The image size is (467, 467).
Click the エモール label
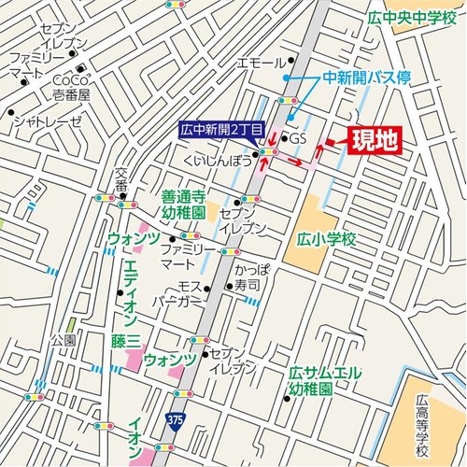click(x=261, y=63)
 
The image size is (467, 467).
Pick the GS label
click(x=298, y=139)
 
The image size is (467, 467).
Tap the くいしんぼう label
click(x=219, y=162)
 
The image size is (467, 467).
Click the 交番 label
click(x=121, y=180)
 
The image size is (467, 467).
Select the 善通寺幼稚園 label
click(x=183, y=204)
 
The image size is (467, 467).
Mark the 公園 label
click(x=64, y=338)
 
